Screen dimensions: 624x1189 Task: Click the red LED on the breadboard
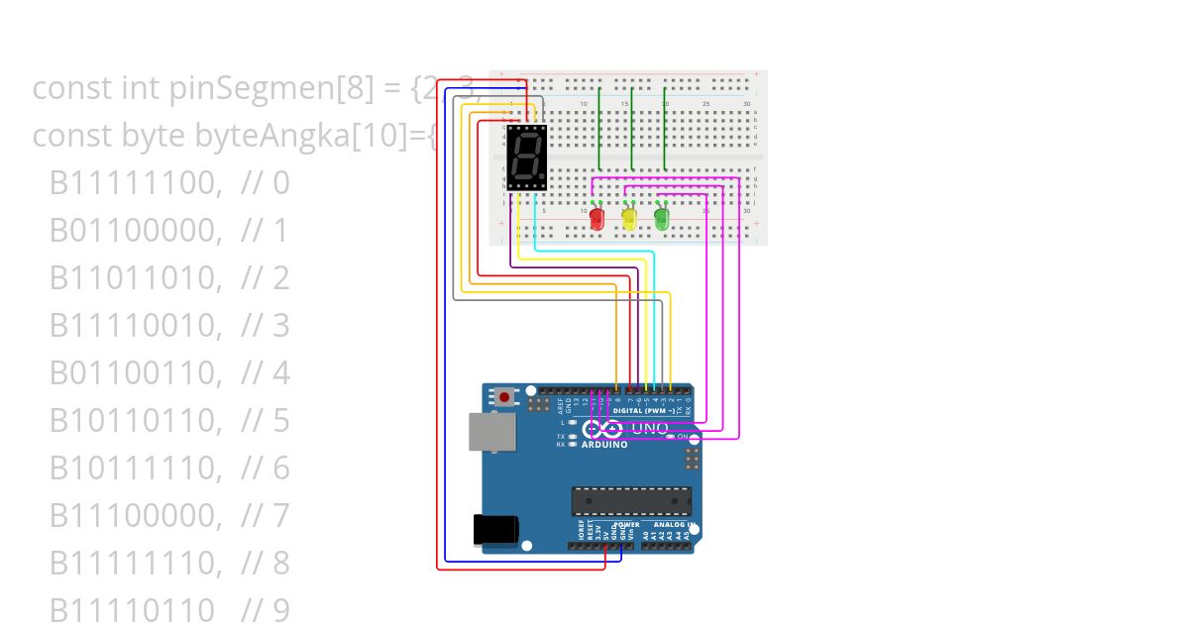click(597, 218)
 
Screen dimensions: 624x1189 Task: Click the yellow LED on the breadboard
click(629, 218)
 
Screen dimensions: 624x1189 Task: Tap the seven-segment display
click(526, 157)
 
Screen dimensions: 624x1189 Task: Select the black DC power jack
click(496, 530)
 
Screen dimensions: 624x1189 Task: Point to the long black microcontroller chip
click(630, 501)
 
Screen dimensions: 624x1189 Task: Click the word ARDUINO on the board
click(604, 445)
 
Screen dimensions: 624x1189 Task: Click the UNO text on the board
click(650, 428)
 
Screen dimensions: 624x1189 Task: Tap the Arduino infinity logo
click(602, 429)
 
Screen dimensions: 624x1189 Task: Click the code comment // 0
click(266, 183)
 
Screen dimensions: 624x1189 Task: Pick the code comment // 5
click(266, 421)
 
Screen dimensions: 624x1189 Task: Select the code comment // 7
click(266, 516)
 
